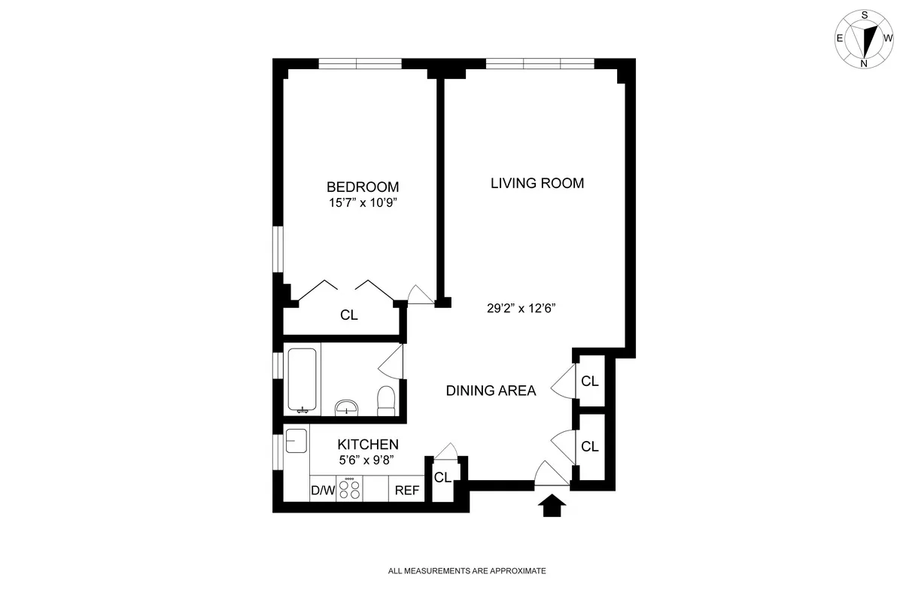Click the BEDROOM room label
tap(362, 187)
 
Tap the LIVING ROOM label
tap(537, 183)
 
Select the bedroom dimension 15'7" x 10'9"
tap(362, 202)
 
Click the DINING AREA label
tap(491, 391)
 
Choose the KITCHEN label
tap(367, 445)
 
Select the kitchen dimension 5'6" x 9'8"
tap(367, 461)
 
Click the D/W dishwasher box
tap(323, 490)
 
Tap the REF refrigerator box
tap(406, 490)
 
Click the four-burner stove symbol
tap(349, 489)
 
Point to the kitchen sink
tap(296, 440)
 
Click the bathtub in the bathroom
tap(303, 381)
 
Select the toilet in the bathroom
tap(385, 400)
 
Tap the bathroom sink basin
tap(346, 407)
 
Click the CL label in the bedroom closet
tap(348, 315)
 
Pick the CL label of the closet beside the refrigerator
tap(442, 477)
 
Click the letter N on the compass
tap(864, 63)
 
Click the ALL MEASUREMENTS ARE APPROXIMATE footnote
tap(467, 571)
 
